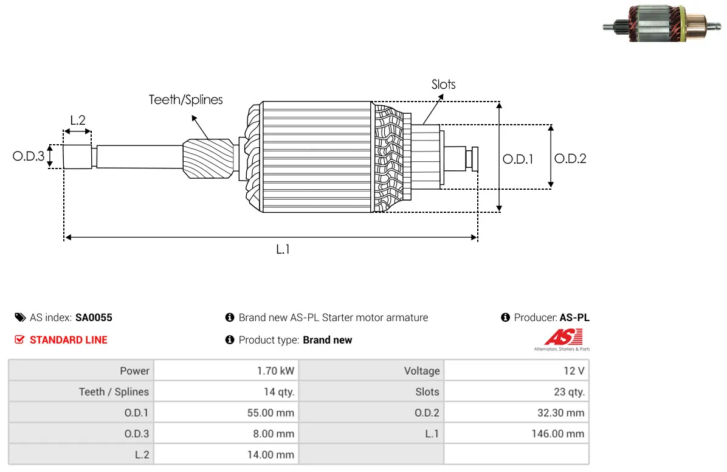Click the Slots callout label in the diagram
point(443,85)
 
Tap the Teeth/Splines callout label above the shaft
point(185,100)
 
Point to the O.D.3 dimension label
point(29,156)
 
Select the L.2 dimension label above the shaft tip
point(78,120)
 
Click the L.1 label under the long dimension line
point(283,249)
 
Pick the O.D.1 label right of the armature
point(518,159)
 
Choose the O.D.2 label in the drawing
point(570,159)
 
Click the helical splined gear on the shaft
point(208,158)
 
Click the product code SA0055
point(94,318)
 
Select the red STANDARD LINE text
point(69,340)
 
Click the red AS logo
point(563,337)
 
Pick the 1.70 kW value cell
point(275,371)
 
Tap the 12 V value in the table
point(574,371)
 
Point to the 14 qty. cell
point(278,392)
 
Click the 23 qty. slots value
point(569,392)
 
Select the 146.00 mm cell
point(558,434)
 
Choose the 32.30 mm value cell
point(560,412)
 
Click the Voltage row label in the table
point(422,371)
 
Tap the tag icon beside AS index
point(20,318)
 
